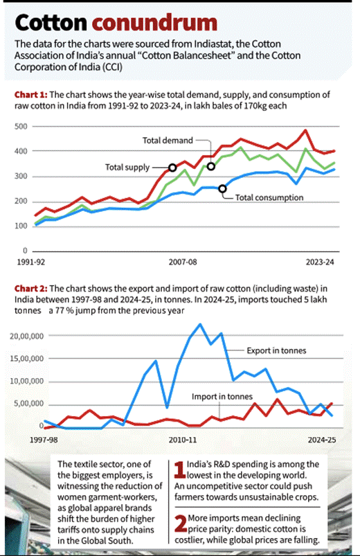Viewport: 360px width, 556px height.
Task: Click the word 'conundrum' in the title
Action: tap(154, 23)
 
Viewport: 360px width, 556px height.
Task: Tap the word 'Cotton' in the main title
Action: tap(51, 23)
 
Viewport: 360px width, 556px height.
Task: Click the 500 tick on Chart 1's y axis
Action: tap(21, 127)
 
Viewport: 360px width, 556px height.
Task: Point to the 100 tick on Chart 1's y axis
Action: tap(21, 226)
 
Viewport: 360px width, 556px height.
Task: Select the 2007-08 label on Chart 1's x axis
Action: tap(183, 262)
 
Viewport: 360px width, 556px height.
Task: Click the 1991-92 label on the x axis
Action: tap(31, 262)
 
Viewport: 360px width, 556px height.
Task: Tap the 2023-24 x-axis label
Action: tap(320, 262)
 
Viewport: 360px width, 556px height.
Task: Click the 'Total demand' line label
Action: tap(168, 141)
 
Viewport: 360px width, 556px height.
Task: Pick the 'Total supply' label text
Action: tap(127, 168)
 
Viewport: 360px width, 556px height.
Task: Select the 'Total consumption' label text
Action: tap(269, 197)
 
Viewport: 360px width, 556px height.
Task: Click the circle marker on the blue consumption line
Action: tap(222, 189)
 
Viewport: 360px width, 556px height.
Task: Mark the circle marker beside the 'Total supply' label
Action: tap(172, 168)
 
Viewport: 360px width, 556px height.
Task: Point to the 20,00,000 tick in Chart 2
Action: tap(26, 336)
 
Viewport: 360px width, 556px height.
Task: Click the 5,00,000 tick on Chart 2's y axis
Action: tap(29, 404)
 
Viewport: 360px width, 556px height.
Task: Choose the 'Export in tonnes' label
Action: tap(276, 350)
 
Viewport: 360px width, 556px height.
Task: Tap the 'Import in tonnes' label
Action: tap(222, 397)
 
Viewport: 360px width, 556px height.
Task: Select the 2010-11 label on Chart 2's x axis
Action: tap(183, 440)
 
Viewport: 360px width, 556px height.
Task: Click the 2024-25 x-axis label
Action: tap(322, 440)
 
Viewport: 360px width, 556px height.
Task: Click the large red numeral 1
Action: tap(180, 469)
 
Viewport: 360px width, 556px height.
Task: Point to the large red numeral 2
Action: tap(181, 523)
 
